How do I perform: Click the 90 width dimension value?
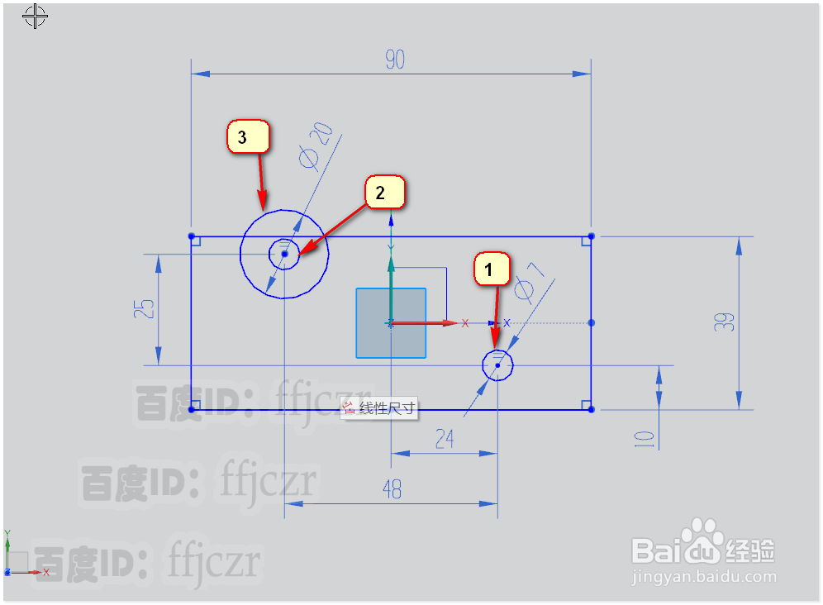[x=395, y=60]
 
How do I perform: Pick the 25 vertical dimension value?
[x=145, y=309]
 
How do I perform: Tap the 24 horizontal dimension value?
[x=445, y=439]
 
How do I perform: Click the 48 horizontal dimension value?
[x=392, y=489]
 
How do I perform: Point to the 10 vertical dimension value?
[x=645, y=439]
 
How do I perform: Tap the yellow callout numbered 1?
[x=491, y=269]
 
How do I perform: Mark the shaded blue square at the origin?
[x=391, y=323]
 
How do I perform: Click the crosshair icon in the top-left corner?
[x=35, y=17]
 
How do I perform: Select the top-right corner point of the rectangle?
[x=591, y=236]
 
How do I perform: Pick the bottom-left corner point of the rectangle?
[x=192, y=409]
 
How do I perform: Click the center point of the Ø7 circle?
[x=497, y=364]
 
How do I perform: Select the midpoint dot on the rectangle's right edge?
[x=591, y=322]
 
